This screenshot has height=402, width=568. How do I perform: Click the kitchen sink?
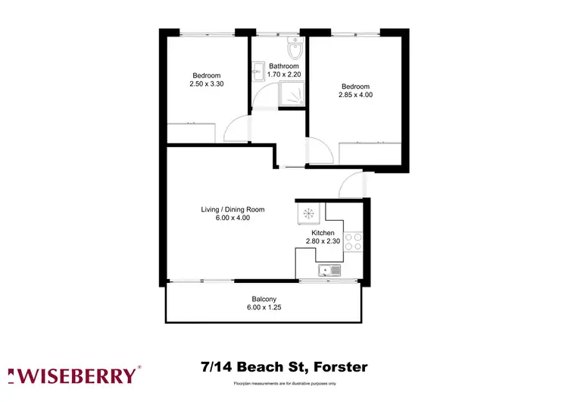[x=330, y=269]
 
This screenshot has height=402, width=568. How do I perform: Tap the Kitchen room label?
[x=334, y=233]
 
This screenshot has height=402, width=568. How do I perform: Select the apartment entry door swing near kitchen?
[x=352, y=184]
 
